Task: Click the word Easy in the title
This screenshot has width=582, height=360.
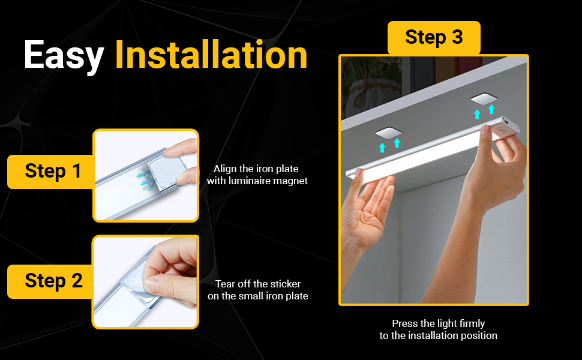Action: click(x=64, y=55)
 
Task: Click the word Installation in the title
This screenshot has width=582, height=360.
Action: click(x=211, y=55)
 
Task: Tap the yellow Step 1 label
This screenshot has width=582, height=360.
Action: click(x=53, y=171)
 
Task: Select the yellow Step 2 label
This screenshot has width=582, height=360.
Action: click(x=53, y=281)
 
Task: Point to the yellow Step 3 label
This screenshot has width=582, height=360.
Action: click(x=434, y=37)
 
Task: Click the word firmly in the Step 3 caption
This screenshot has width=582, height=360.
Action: click(x=467, y=323)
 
